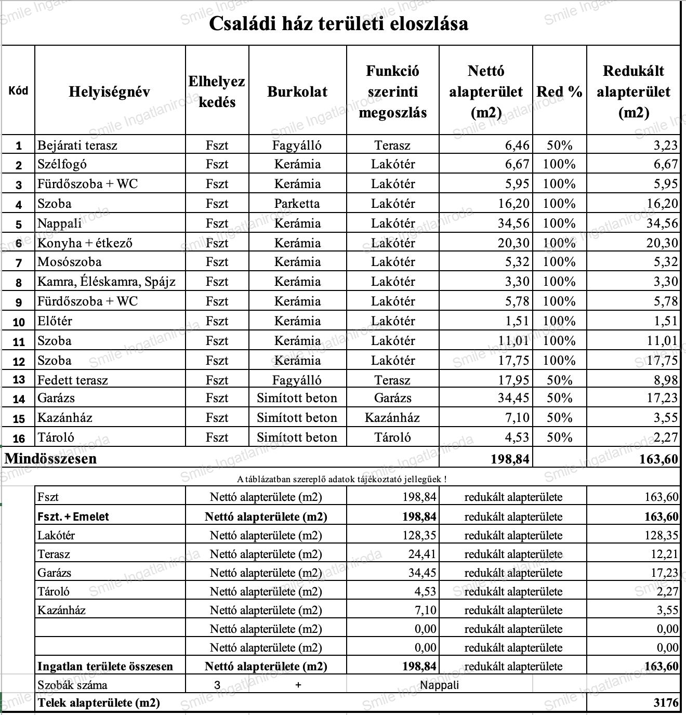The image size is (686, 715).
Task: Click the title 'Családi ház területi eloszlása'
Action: [338, 24]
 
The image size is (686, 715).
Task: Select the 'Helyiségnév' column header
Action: [109, 92]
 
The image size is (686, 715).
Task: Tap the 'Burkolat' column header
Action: [297, 92]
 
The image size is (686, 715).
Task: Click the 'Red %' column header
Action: [559, 92]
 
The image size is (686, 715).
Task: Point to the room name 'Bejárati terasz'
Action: [77, 145]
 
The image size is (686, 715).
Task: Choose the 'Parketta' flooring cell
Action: [297, 204]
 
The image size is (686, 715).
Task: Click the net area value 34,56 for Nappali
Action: [513, 223]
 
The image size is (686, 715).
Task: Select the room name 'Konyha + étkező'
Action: [85, 243]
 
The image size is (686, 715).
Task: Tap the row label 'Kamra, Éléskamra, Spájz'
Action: [107, 282]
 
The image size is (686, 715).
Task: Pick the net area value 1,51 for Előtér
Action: [517, 321]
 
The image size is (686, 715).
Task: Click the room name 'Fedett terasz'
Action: [73, 380]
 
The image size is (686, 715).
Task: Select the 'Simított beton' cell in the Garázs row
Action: [297, 399]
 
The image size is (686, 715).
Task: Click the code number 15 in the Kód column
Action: [19, 419]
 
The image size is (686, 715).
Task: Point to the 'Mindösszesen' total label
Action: [51, 458]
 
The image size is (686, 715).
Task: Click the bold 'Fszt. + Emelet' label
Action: [73, 517]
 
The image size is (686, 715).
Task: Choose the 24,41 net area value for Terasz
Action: [422, 554]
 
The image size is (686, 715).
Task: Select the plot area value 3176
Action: [666, 703]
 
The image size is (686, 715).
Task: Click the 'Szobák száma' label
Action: [72, 685]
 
